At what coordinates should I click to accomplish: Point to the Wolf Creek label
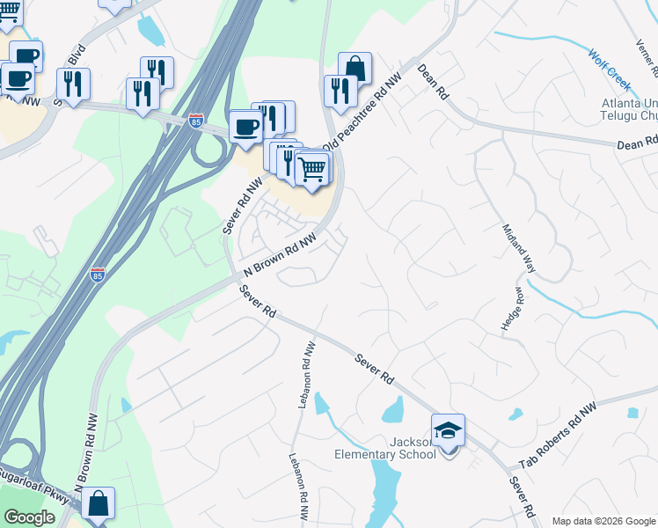click(610, 70)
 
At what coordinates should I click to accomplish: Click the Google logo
click(30, 517)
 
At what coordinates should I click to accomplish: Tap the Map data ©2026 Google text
click(603, 521)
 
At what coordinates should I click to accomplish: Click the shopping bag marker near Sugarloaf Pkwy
click(99, 506)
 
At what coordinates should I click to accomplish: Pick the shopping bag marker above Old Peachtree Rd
click(355, 69)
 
